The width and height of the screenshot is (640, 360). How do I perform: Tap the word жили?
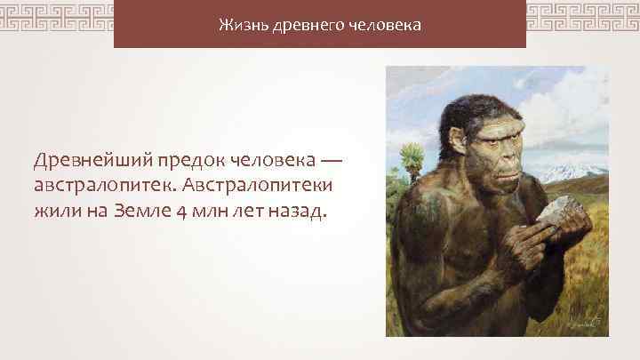[x=58, y=214]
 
